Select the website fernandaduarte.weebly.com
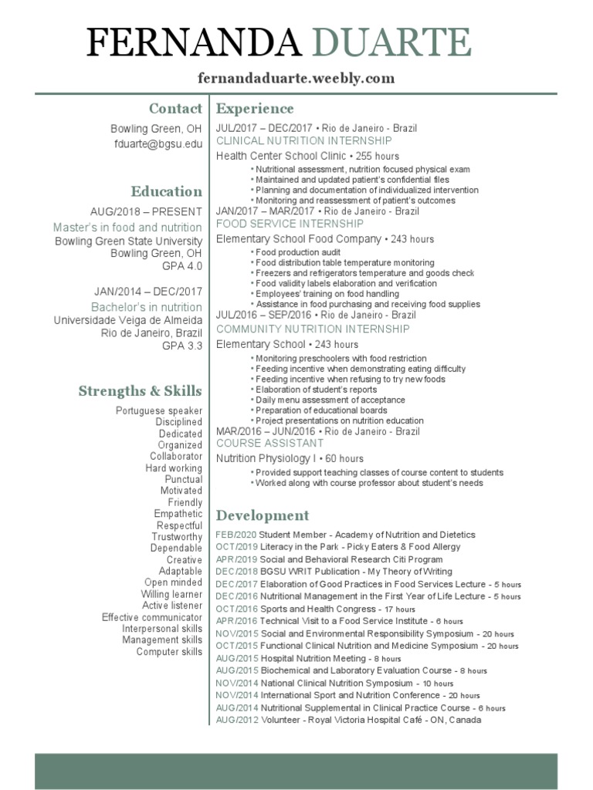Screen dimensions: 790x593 [296, 78]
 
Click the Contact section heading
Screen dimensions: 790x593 [175, 109]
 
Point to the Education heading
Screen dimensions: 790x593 [166, 191]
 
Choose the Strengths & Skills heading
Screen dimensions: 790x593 [140, 391]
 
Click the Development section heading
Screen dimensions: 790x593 [263, 515]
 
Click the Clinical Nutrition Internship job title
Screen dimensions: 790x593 [303, 141]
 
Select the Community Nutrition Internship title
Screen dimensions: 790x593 [313, 329]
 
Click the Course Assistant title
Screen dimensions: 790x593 [269, 444]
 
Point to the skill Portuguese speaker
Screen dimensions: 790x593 [159, 410]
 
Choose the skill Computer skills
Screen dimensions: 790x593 [169, 652]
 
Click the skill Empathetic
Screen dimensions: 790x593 [178, 514]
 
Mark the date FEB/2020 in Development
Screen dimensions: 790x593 [236, 535]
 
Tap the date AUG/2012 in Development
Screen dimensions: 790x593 [236, 720]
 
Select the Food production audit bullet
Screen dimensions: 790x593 [297, 252]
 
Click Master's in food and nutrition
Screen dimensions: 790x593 [127, 228]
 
